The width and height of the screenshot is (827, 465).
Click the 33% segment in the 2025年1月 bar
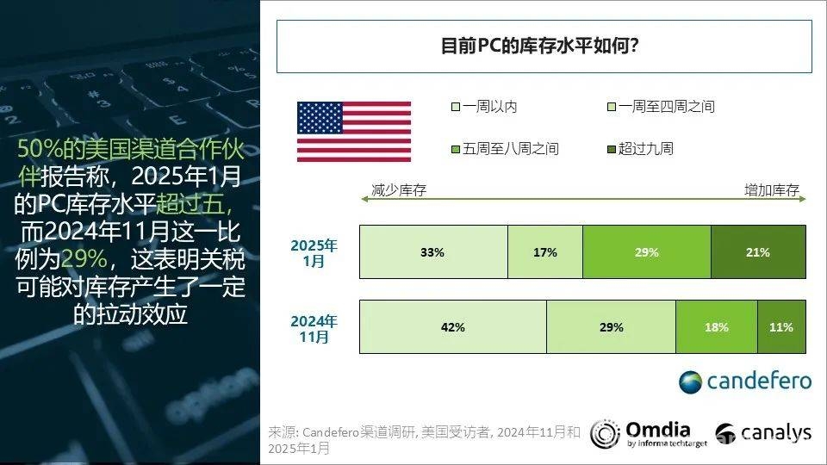point(433,252)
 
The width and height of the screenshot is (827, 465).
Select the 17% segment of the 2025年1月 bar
point(545,252)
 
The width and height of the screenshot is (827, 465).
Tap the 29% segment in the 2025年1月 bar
point(647,252)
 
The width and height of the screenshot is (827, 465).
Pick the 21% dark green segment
point(758,252)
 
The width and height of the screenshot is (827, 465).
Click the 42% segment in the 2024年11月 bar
point(453,327)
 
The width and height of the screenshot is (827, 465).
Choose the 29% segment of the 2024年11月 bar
point(612,327)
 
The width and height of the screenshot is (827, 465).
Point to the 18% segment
point(717,327)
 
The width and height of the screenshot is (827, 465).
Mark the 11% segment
point(781,327)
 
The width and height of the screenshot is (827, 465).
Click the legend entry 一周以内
point(484,107)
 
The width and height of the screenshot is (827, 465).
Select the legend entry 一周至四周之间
point(661,107)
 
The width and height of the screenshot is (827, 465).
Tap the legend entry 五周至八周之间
point(505,149)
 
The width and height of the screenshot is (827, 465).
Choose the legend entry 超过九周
point(640,149)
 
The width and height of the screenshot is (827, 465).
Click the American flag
point(354,132)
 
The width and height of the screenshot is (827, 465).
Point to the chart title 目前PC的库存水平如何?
point(539,46)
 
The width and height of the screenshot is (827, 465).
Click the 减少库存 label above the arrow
point(399,189)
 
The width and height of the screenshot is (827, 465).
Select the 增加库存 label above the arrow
point(772,189)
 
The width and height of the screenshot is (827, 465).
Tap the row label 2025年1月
point(314,253)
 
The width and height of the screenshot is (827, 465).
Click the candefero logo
point(744,381)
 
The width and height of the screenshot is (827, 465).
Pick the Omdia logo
point(649,434)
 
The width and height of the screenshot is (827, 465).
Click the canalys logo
point(763,433)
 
